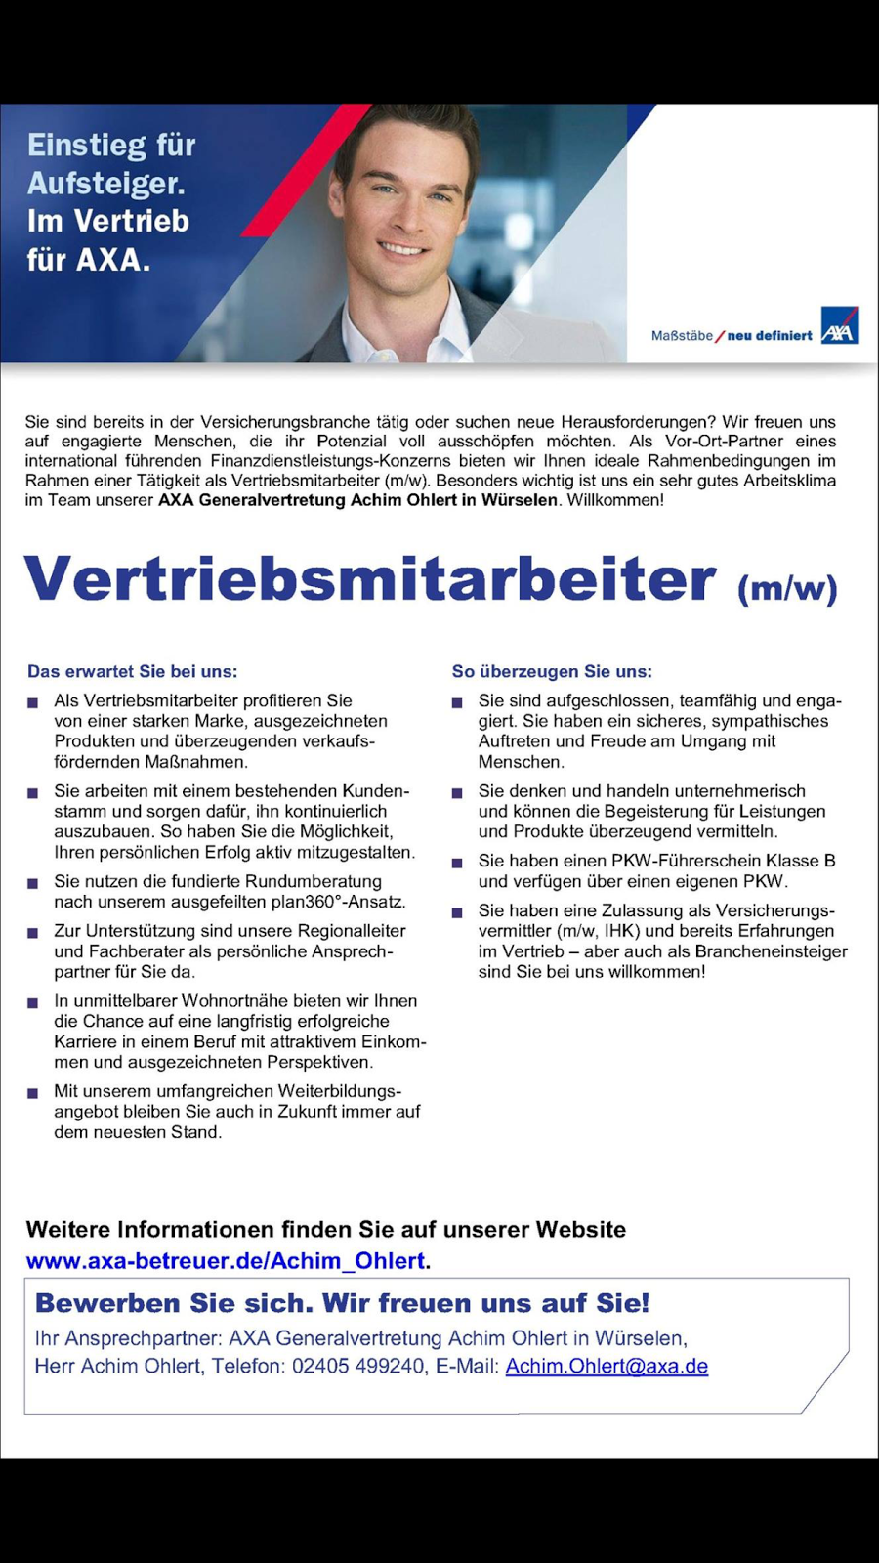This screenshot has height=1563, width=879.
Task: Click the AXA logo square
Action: (x=839, y=326)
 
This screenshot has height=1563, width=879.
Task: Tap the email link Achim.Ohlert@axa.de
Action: (x=607, y=1366)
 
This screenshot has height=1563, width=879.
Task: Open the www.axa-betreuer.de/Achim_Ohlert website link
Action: (x=226, y=1261)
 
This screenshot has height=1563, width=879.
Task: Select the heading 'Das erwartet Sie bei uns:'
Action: (x=133, y=671)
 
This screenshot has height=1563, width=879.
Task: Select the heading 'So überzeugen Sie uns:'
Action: (x=552, y=671)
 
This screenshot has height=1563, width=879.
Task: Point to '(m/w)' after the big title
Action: (x=787, y=588)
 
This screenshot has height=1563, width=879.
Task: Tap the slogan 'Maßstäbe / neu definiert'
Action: (x=732, y=335)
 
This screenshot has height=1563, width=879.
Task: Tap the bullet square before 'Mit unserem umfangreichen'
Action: (x=33, y=1093)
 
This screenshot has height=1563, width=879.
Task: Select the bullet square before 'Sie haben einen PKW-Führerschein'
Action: (x=457, y=863)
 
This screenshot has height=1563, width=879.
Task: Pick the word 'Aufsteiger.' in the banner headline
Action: (x=105, y=183)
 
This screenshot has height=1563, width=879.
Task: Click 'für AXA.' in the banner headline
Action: (x=89, y=260)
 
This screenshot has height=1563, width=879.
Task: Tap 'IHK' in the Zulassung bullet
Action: (x=620, y=931)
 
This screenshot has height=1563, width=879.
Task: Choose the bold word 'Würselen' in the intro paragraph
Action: (x=519, y=500)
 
